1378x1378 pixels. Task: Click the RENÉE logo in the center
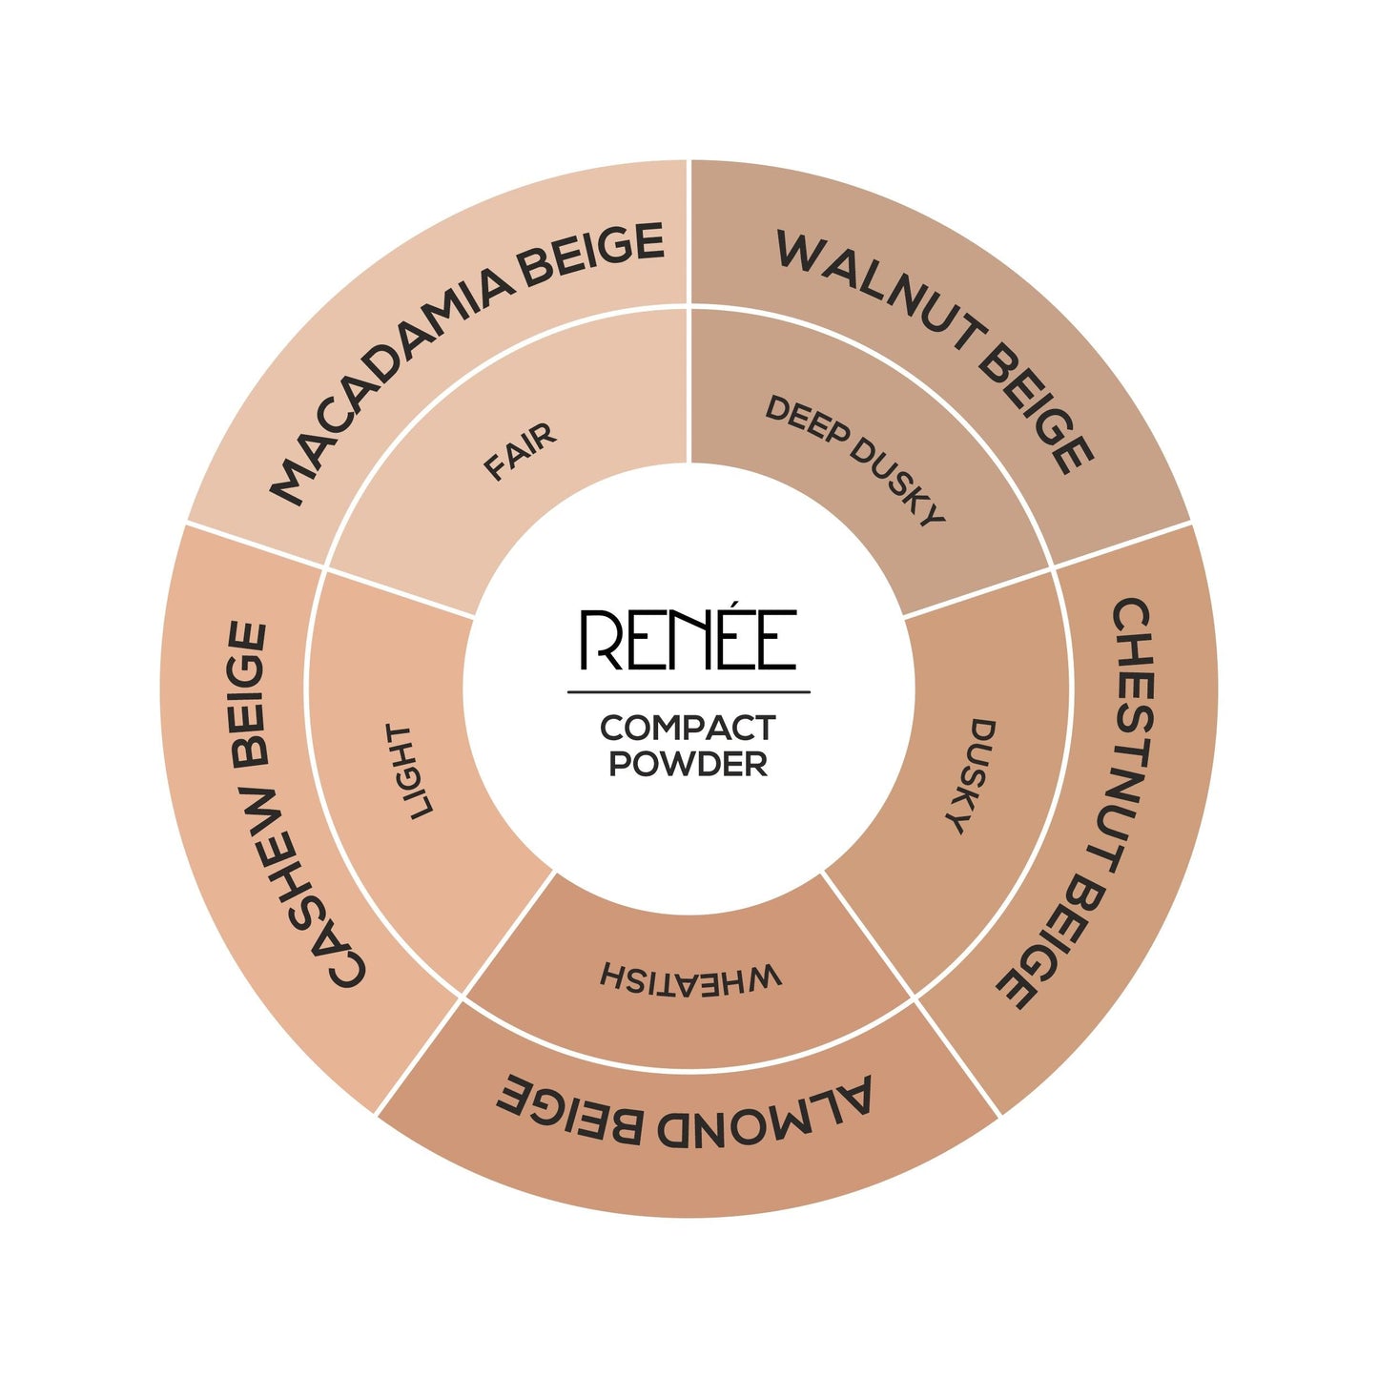(689, 639)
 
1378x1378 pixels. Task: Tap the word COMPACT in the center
(688, 728)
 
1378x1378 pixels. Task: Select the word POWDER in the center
(688, 764)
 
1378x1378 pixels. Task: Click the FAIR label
(520, 452)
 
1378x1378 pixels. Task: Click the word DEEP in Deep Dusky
(806, 422)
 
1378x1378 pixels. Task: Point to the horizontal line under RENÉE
(689, 691)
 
